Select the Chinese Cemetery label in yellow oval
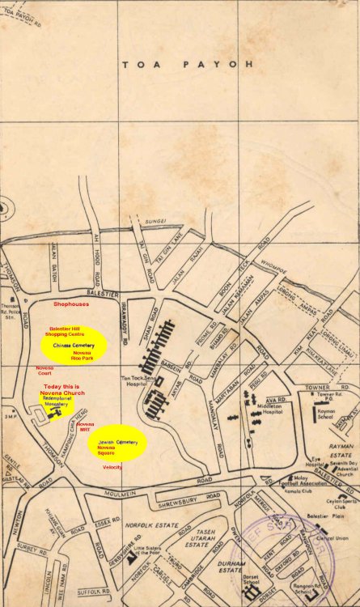[74, 346]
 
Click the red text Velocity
[112, 467]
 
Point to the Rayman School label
[326, 414]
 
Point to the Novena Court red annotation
[44, 370]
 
